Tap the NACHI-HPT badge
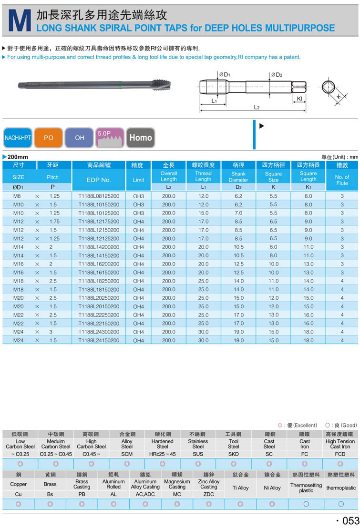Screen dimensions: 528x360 pos(17,137)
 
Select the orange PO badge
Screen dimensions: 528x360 pos(48,137)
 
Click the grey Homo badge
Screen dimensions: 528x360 pos(141,137)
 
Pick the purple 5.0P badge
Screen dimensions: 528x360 pos(110,137)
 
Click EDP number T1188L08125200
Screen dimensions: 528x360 pos(99,196)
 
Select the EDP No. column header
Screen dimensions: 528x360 pos(99,180)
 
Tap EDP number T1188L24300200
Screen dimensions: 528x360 pos(99,332)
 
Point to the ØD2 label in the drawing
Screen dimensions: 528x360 pos(277,75)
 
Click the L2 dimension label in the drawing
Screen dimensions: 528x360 pos(257,108)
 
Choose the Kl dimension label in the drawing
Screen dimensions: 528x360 pos(299,99)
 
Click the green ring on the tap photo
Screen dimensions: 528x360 pos(121,85)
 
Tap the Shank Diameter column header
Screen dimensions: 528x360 pos(238,177)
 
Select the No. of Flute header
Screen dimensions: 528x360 pos(342,180)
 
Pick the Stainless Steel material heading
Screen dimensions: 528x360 pos(198,444)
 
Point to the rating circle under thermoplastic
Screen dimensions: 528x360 pos(341,504)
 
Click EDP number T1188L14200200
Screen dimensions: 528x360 pos(99,247)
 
